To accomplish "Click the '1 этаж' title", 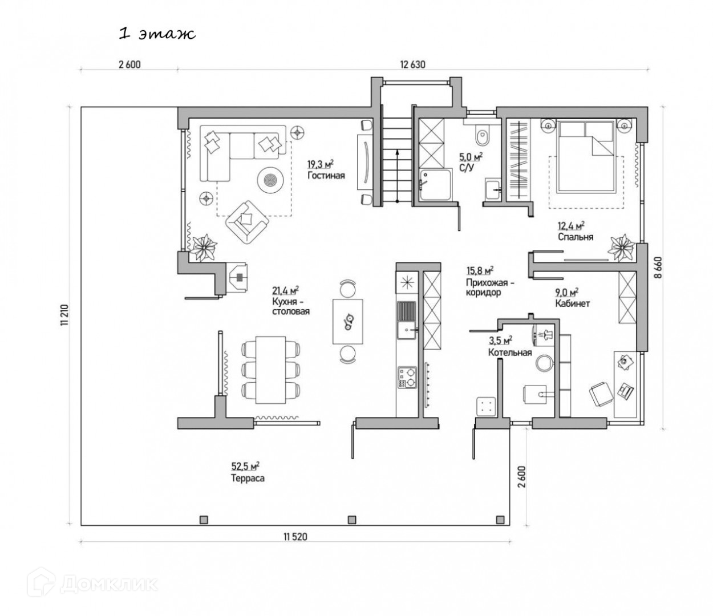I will click(x=157, y=34).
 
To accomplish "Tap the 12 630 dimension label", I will click(x=413, y=64).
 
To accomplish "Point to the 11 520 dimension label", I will click(x=295, y=537).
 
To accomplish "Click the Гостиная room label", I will click(x=326, y=176).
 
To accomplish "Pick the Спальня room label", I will click(x=576, y=237).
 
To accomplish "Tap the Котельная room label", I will click(x=509, y=352).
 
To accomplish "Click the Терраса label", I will click(x=247, y=479).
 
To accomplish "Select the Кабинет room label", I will click(x=572, y=303).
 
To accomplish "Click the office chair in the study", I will click(x=599, y=394).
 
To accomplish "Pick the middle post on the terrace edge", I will click(x=351, y=519).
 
